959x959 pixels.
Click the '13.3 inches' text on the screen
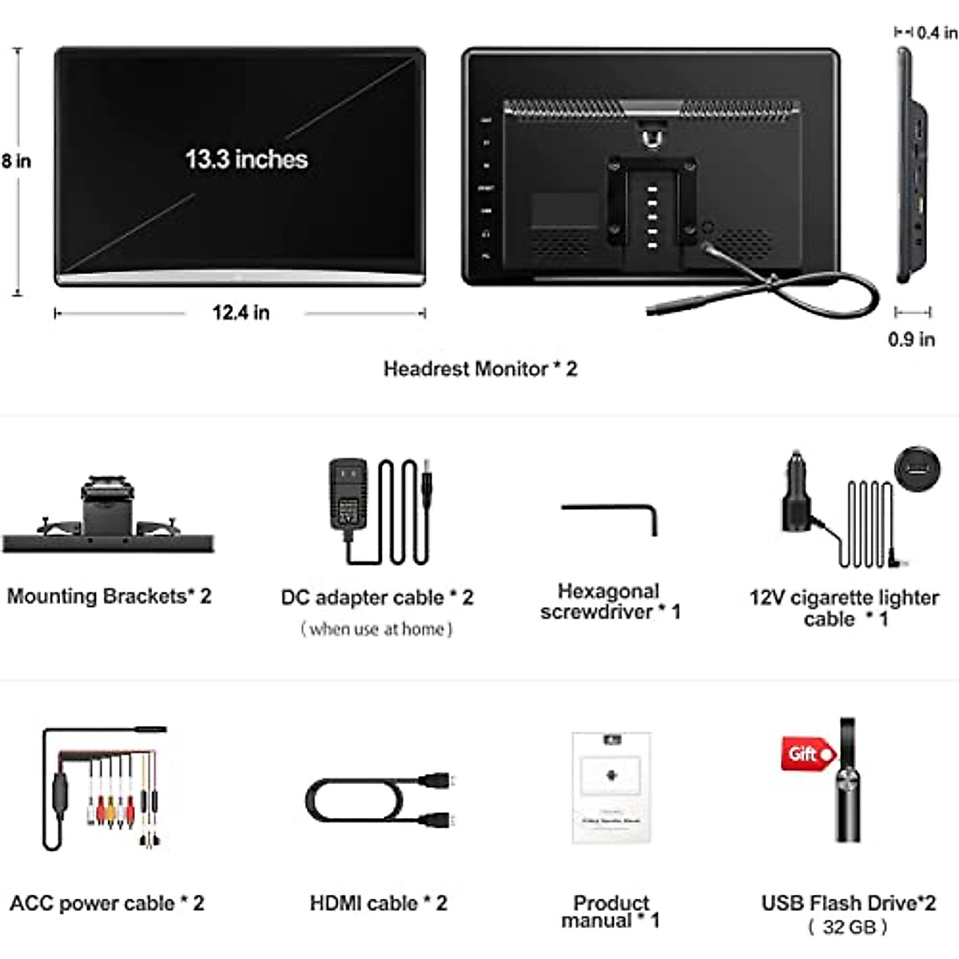(x=246, y=159)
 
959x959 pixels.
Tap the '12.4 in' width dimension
(x=241, y=312)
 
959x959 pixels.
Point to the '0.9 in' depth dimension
(x=911, y=340)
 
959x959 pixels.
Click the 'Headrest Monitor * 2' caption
(x=479, y=368)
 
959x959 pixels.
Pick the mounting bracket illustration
(x=108, y=515)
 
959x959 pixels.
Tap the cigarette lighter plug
(x=797, y=495)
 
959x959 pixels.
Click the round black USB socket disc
(x=917, y=469)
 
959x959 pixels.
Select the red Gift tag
(x=807, y=754)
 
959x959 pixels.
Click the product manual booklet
(x=611, y=787)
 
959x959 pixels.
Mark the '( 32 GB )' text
(x=848, y=927)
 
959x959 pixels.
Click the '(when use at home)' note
(x=376, y=630)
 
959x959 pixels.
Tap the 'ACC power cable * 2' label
(x=107, y=903)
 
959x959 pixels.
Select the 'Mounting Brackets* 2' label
(x=109, y=596)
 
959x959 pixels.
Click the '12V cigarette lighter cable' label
(x=844, y=608)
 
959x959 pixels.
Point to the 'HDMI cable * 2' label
(x=378, y=903)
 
